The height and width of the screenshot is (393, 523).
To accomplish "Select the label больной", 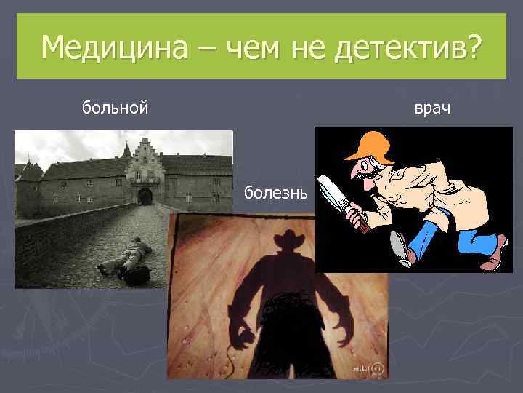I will (x=115, y=108).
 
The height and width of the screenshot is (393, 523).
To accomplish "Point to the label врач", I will (x=432, y=108).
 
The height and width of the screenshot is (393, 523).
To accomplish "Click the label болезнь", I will (x=277, y=194).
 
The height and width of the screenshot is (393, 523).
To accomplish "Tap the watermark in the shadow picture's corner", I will (x=368, y=370).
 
